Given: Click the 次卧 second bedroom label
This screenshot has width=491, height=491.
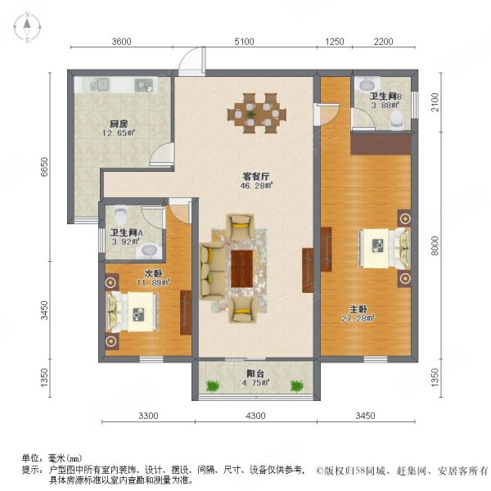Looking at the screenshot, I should (153, 274).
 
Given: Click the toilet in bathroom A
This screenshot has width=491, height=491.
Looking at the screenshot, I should (121, 215).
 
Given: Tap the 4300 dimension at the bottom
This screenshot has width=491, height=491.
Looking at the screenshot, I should (255, 417).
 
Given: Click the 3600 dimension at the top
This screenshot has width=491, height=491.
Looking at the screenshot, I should (121, 42).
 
